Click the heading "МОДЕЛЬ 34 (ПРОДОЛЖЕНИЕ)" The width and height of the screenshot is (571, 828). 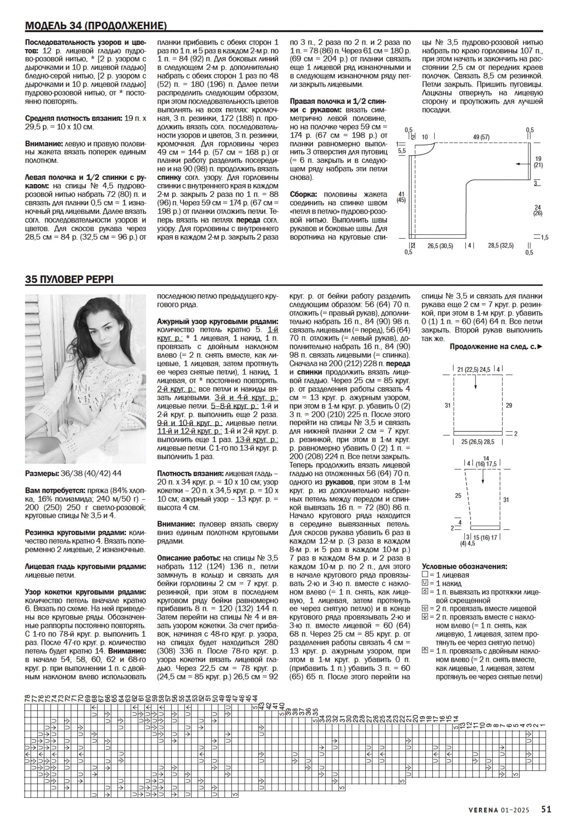point(96,26)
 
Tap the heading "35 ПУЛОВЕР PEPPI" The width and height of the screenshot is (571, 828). point(69,280)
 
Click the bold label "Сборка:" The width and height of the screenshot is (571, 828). point(304,194)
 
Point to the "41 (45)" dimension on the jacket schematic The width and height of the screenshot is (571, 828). point(402,197)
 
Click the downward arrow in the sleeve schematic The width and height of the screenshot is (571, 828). point(483,476)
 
